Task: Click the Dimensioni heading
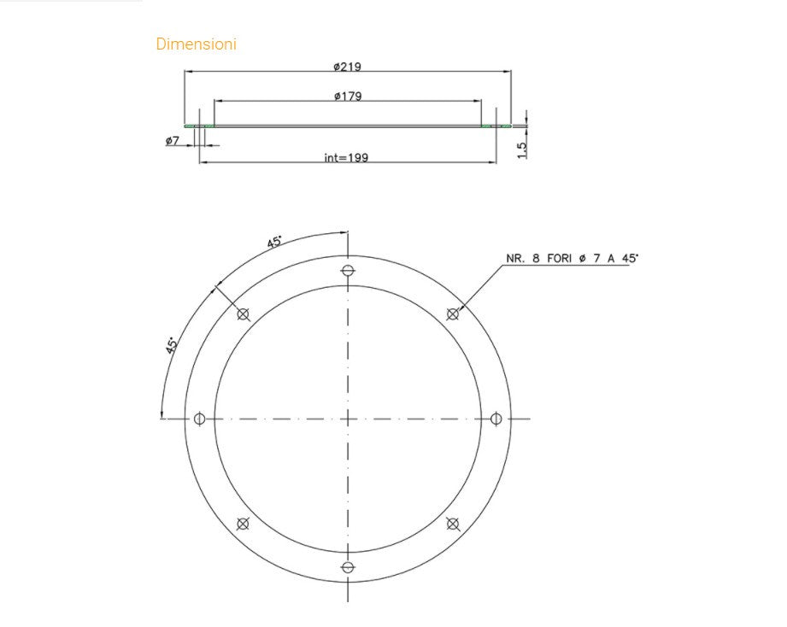tap(196, 44)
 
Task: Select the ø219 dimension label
tap(347, 67)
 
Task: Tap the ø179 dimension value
tap(348, 96)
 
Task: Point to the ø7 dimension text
tap(172, 141)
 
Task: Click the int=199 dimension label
tap(346, 157)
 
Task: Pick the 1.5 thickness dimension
tap(522, 150)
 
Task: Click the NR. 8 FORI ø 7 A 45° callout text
tap(573, 258)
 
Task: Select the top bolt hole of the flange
tap(348, 271)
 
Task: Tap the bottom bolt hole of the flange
tap(348, 567)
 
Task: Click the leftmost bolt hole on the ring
tap(200, 419)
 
